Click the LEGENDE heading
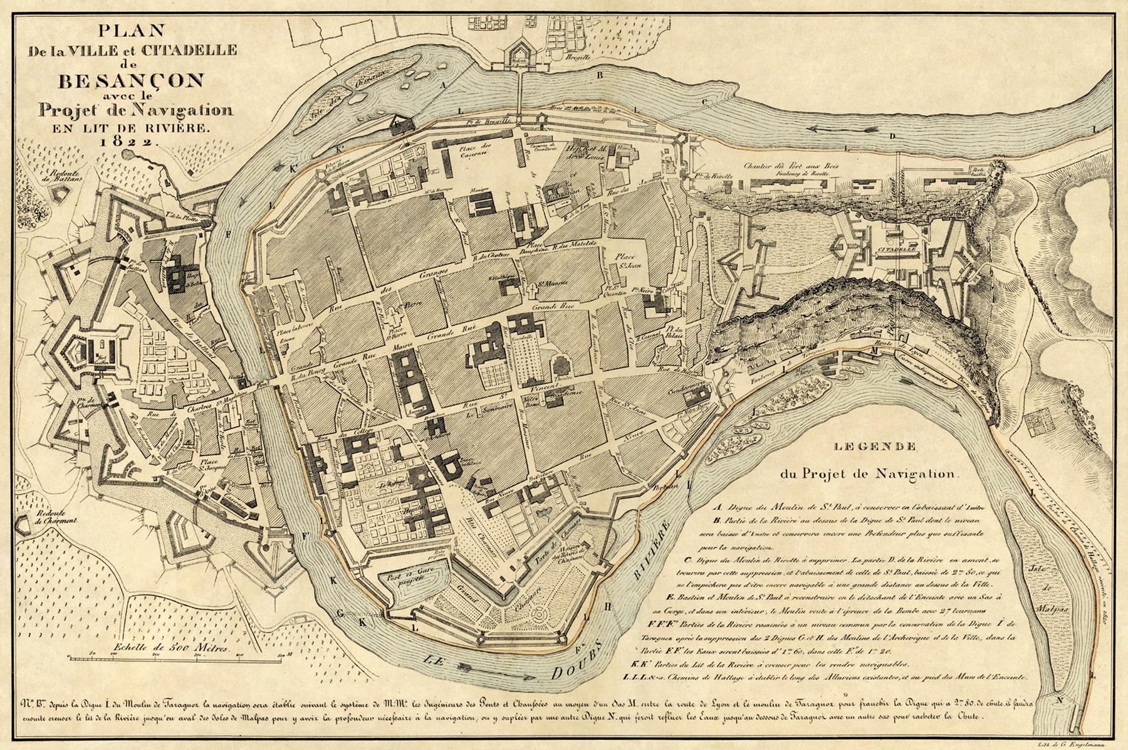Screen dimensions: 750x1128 click(876, 447)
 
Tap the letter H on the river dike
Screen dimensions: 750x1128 click(607, 606)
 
